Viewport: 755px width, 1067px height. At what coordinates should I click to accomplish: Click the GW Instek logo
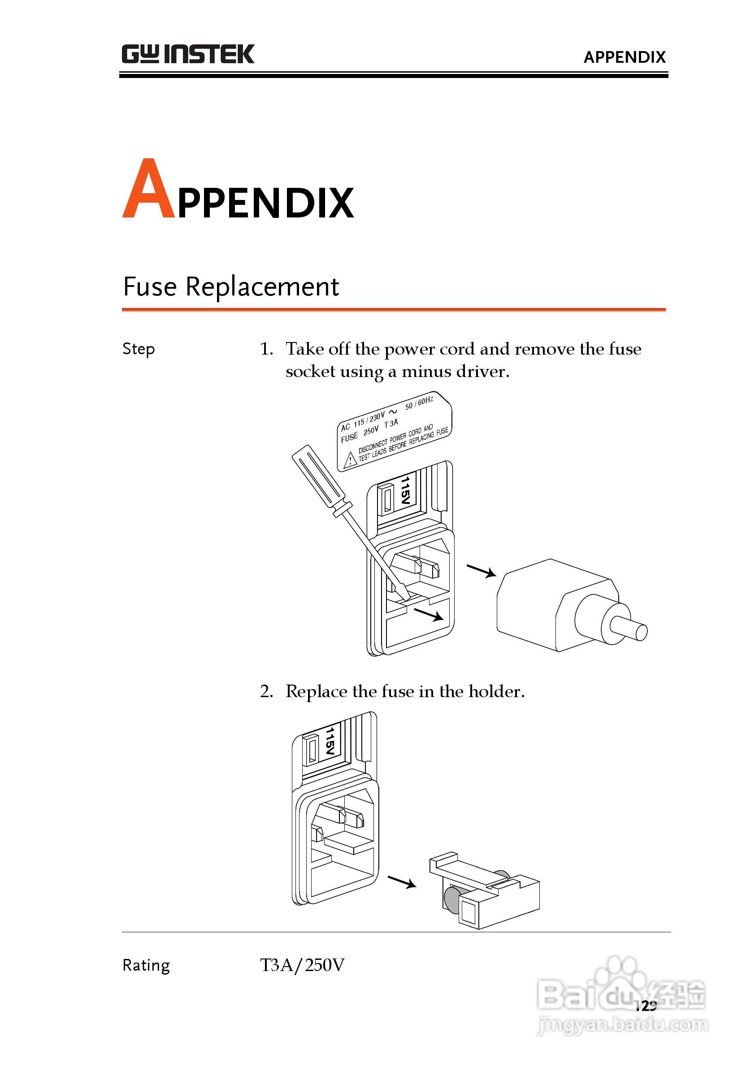coord(188,54)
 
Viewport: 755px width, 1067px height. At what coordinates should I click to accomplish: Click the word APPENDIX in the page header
coord(625,57)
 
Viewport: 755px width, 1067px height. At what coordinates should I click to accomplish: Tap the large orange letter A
coord(148,188)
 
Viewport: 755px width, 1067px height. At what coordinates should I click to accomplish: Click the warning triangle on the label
coord(350,460)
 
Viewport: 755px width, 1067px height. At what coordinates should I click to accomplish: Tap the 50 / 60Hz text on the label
coord(419,403)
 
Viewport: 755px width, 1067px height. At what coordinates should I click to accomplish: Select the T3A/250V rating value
coord(302,965)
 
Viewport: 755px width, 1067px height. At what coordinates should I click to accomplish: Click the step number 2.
coord(266,692)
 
